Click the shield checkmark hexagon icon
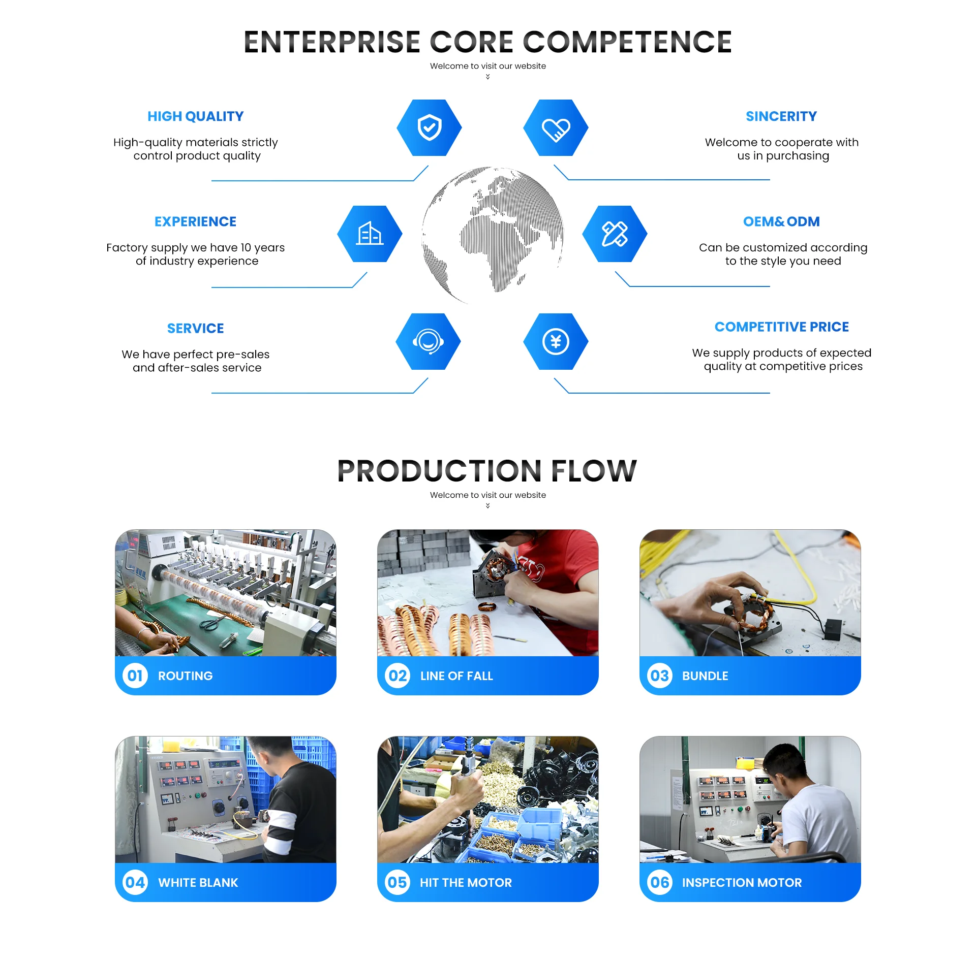(429, 127)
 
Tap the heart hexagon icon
(556, 127)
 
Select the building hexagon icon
(370, 234)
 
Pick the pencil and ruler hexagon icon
(615, 234)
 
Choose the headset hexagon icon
(428, 341)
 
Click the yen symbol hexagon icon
(556, 341)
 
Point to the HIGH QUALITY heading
(195, 116)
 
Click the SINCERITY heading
(781, 116)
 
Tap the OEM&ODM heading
(781, 221)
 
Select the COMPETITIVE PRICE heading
(781, 327)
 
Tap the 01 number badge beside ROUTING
(135, 676)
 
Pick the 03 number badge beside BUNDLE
(660, 676)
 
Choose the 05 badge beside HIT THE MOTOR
(398, 882)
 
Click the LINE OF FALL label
(456, 676)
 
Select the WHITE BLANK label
(198, 883)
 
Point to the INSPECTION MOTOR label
(742, 883)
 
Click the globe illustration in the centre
(492, 234)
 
